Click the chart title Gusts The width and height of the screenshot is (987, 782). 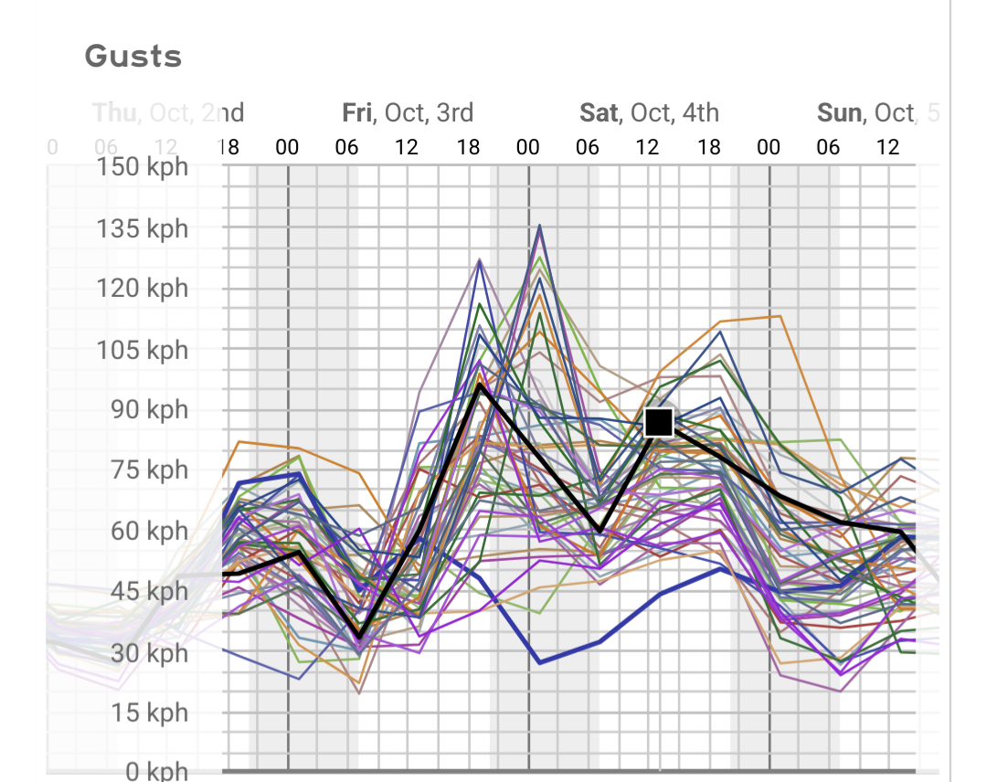(133, 57)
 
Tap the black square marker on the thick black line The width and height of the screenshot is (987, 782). (659, 422)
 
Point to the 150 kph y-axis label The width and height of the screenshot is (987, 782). (143, 167)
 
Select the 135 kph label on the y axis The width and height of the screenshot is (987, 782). (143, 227)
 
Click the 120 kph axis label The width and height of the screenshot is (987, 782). (143, 288)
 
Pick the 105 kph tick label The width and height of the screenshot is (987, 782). (143, 349)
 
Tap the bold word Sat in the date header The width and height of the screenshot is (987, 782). (598, 112)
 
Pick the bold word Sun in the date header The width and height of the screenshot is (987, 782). (839, 112)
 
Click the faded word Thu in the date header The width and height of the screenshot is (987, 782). (113, 112)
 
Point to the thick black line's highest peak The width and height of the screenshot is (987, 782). (480, 385)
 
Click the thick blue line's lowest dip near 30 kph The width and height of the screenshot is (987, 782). (539, 662)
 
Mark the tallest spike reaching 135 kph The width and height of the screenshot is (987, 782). (539, 226)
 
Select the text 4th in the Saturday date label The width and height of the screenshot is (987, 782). (699, 112)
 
